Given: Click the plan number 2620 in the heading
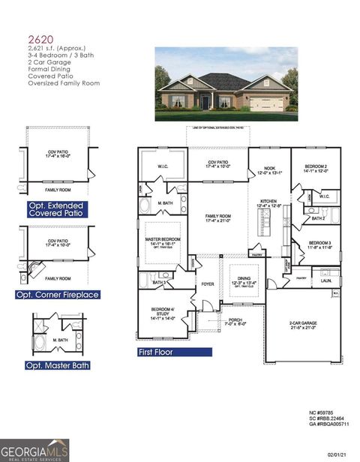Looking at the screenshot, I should (40, 40).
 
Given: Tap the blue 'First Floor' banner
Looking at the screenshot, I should (161, 350).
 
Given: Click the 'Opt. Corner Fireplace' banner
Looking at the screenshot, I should (58, 295).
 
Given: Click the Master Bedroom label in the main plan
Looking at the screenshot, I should (165, 241).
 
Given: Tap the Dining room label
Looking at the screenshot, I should (243, 281).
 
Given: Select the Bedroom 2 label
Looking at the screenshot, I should (315, 167).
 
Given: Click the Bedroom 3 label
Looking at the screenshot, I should (315, 244).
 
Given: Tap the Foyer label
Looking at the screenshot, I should (208, 284).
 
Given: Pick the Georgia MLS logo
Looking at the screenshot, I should (34, 449).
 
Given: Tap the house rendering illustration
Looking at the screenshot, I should (225, 84).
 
